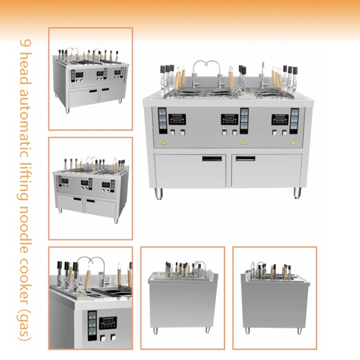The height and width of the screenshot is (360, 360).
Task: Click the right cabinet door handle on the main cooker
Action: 245,158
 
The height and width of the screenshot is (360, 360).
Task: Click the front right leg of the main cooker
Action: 297,193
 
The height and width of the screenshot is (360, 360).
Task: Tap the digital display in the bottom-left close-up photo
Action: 108,323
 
